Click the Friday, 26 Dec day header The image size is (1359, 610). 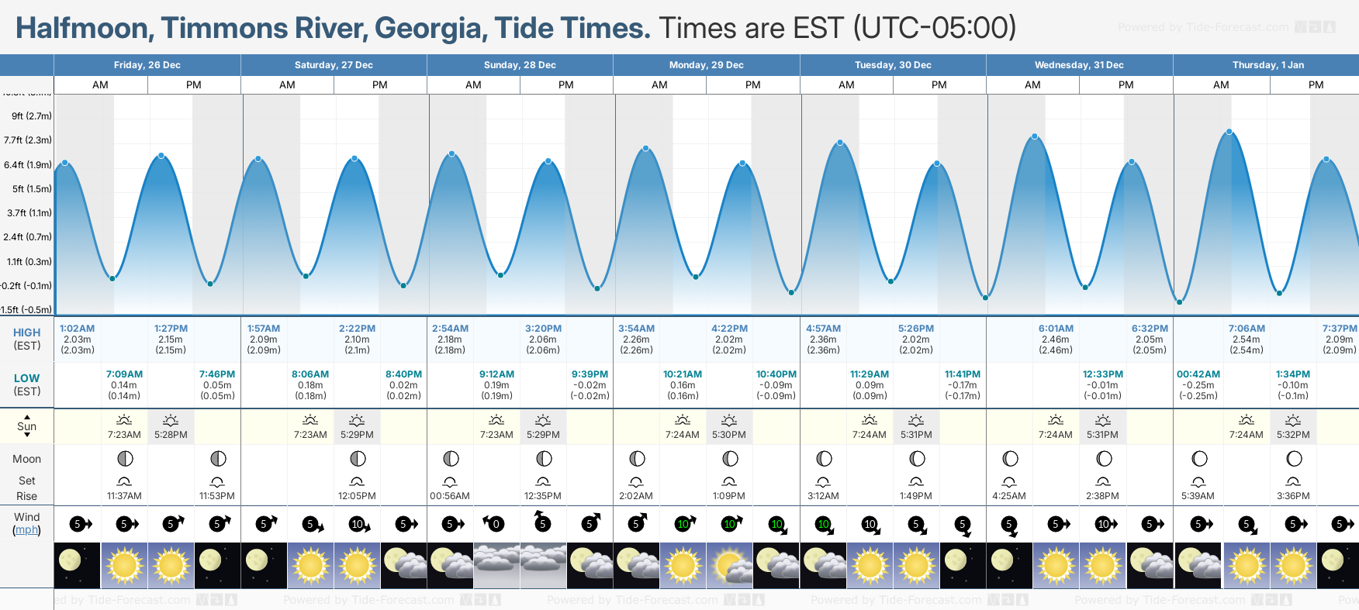coord(147,65)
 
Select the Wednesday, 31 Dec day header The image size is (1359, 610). coord(1079,65)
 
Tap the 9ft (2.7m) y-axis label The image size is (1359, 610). coord(31,116)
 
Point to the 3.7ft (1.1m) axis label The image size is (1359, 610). coord(29,212)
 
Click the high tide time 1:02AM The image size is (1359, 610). coord(77,329)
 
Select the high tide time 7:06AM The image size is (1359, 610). coord(1247,329)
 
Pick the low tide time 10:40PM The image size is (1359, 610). coord(776,374)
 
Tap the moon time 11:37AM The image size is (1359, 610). coord(124,496)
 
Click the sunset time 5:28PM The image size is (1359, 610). coord(171,435)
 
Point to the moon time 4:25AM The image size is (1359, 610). coord(1009,496)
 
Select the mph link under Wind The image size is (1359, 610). coord(26,530)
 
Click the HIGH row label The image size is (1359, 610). coord(26,333)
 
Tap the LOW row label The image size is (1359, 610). coord(26,378)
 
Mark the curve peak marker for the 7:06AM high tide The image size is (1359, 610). coord(1229,132)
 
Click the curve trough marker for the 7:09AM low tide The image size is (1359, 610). coord(112,278)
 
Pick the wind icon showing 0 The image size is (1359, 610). coord(496,524)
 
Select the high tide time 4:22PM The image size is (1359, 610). coord(729,329)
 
